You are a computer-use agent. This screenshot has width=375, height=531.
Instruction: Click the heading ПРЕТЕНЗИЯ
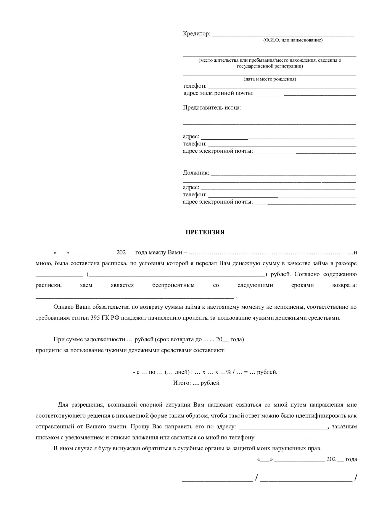pyautogui.click(x=205, y=232)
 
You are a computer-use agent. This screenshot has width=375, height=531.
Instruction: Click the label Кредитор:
pyautogui.click(x=197, y=34)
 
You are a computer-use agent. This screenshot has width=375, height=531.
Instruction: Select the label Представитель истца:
pyautogui.click(x=212, y=108)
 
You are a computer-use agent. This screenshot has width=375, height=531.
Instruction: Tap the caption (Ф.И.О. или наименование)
pyautogui.click(x=293, y=40)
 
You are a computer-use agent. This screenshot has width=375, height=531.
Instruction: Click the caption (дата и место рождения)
pyautogui.click(x=270, y=79)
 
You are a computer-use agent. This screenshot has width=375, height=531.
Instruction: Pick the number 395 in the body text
pyautogui.click(x=93, y=318)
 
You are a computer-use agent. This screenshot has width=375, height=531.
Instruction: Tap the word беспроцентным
pyautogui.click(x=173, y=285)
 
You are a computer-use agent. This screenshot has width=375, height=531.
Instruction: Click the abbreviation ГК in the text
pyautogui.click(x=104, y=318)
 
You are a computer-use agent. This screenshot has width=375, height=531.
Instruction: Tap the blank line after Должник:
pyautogui.click(x=283, y=175)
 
